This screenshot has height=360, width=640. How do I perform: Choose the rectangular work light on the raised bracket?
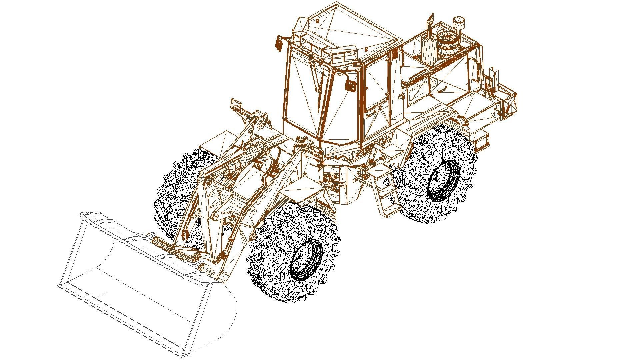(x=237, y=105)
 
